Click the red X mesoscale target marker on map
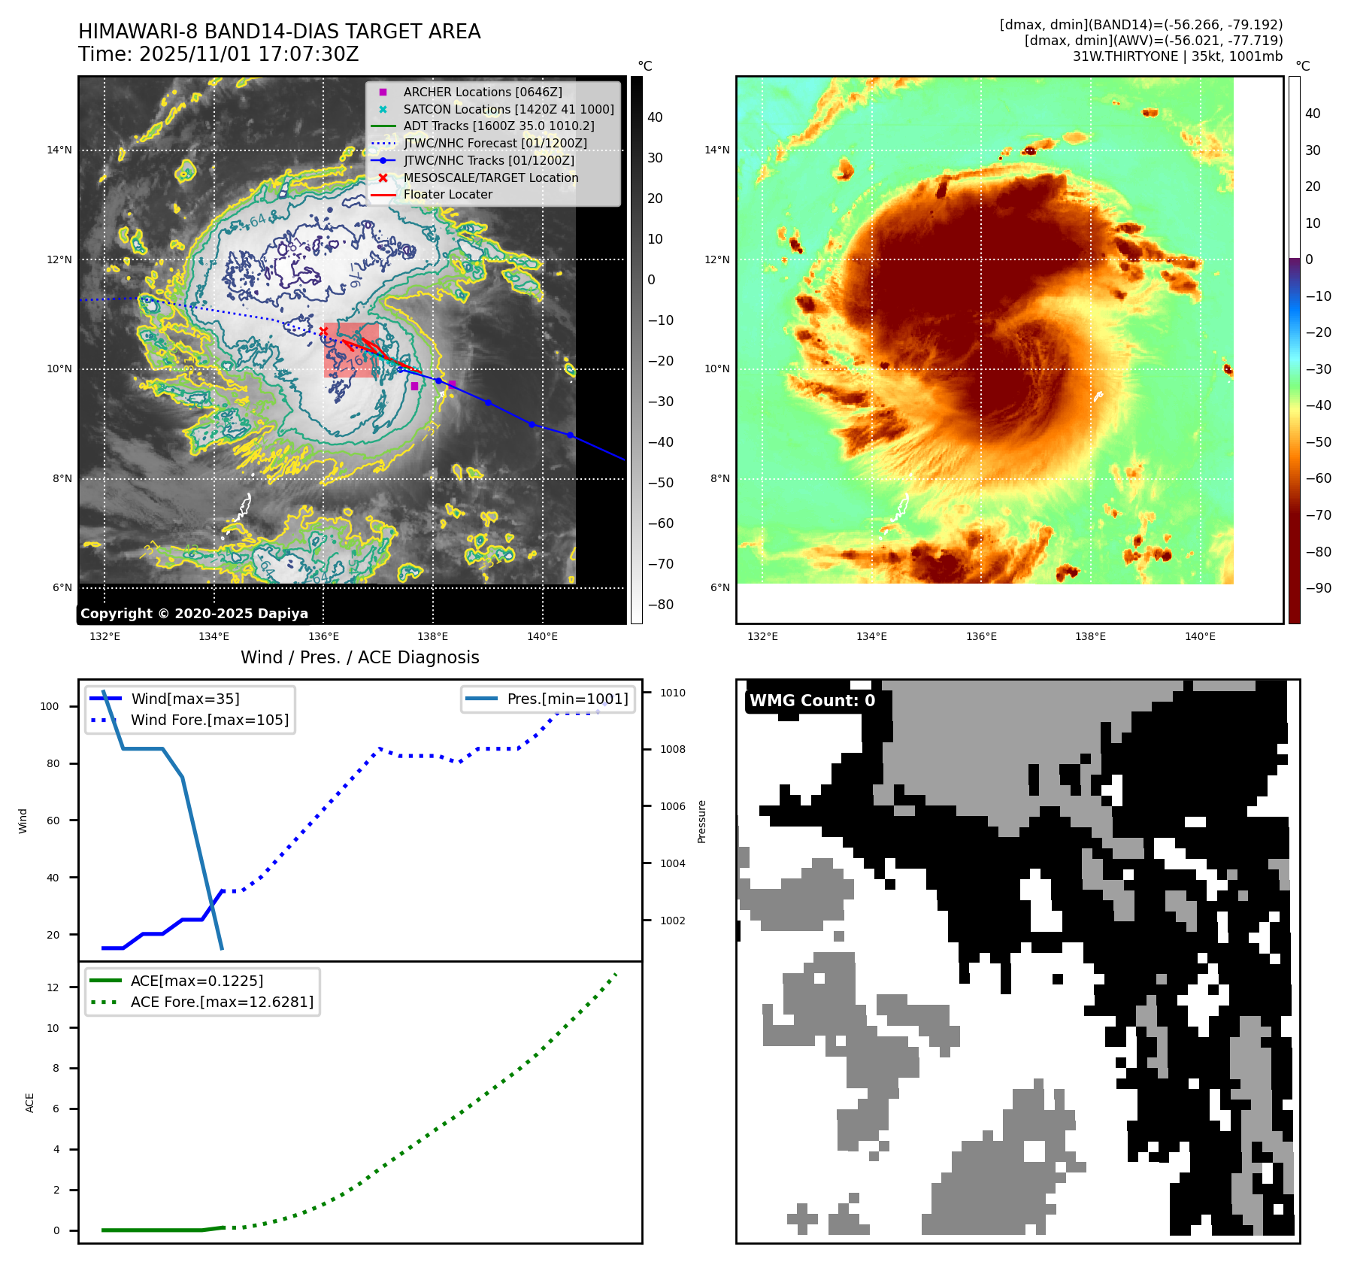point(323,331)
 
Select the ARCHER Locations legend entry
point(482,92)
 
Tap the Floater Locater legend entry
point(447,194)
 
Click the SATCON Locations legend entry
point(508,109)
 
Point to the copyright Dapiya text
point(194,614)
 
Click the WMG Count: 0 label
point(812,701)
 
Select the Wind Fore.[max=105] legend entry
point(209,720)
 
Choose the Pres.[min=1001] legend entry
point(567,699)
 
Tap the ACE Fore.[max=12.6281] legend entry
point(222,1002)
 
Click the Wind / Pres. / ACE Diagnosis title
point(359,657)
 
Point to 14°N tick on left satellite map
point(59,150)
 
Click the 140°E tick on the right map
point(1200,636)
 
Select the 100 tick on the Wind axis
point(50,706)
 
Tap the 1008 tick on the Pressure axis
point(672,749)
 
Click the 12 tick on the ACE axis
point(53,987)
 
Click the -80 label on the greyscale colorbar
point(661,605)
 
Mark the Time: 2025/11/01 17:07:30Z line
point(219,54)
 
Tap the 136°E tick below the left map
point(323,636)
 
